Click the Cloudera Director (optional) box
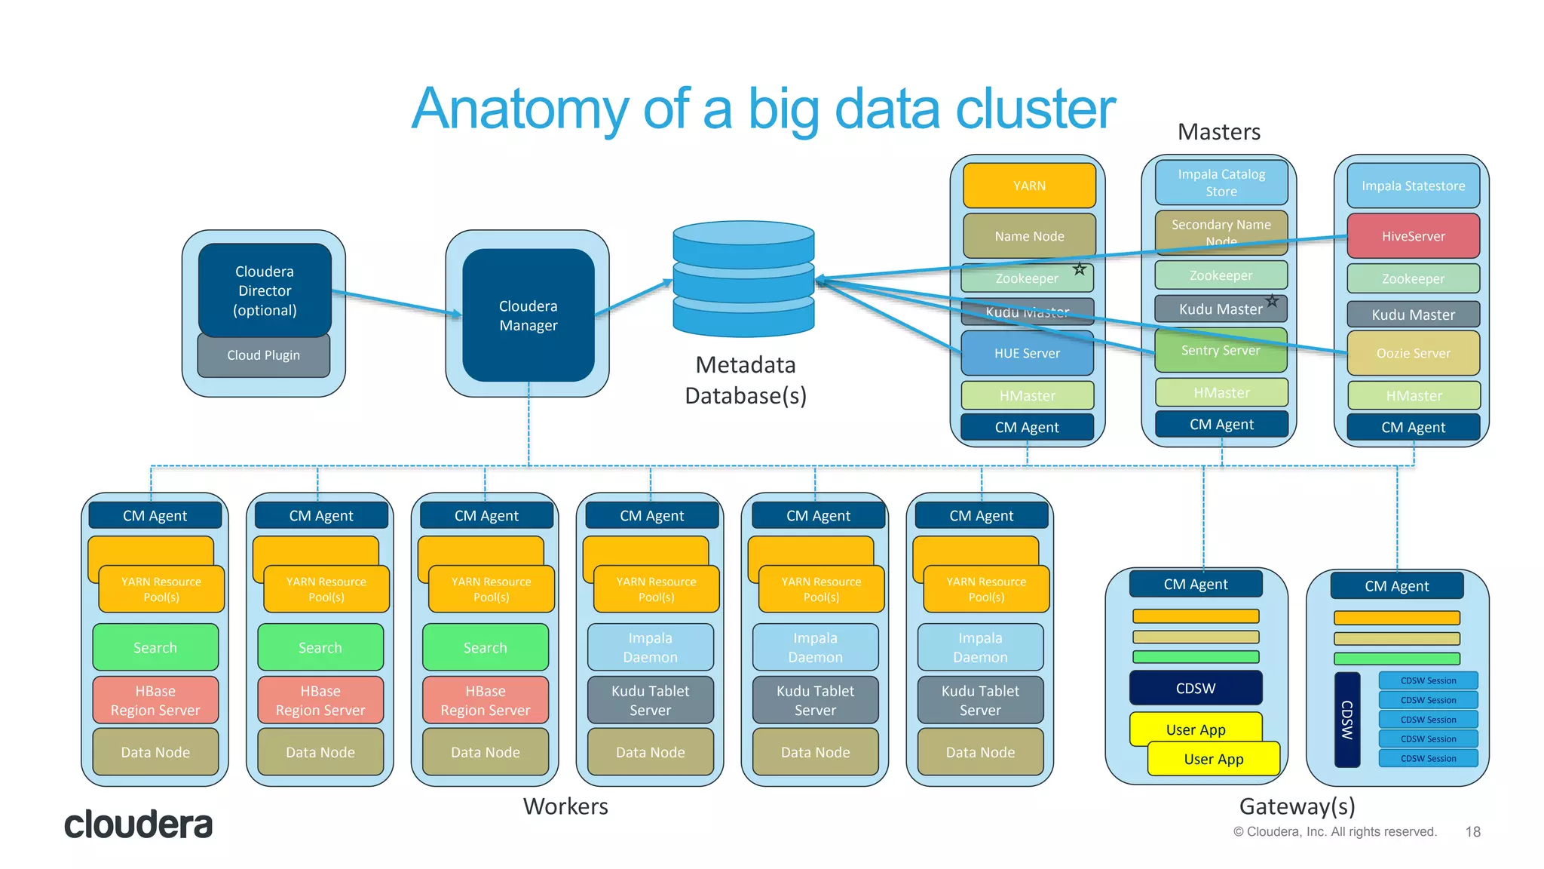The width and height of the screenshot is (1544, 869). tap(264, 290)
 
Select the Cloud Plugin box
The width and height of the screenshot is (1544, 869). tap(263, 355)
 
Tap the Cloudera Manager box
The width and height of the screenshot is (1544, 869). tap(528, 315)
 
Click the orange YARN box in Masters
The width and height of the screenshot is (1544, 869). tap(1029, 186)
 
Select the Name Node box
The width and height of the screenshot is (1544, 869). tap(1029, 236)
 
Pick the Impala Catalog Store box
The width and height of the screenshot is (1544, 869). tap(1221, 183)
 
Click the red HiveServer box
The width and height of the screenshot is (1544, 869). tap(1413, 236)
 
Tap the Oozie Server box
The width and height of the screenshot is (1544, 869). tap(1413, 353)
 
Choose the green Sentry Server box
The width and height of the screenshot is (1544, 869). tap(1221, 351)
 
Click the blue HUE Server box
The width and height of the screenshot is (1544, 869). tap(1027, 353)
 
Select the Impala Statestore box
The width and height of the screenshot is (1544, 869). tap(1413, 186)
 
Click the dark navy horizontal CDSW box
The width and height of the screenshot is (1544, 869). tap(1196, 688)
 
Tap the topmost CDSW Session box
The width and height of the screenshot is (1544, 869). tap(1428, 680)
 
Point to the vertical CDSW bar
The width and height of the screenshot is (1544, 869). tap(1347, 720)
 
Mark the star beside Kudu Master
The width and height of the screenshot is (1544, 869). tap(1272, 301)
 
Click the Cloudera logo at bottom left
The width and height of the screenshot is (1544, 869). tap(138, 824)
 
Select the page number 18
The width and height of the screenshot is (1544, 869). tap(1472, 831)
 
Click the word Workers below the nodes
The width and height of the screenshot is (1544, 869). tap(565, 806)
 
